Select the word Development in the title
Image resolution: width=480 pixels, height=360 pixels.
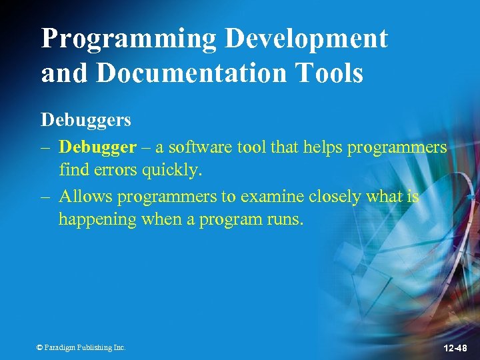[x=306, y=39]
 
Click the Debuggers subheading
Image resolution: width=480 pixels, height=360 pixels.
[x=86, y=120]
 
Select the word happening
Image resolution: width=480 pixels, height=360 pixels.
[x=93, y=219]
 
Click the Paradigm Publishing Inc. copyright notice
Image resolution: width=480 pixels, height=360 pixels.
[x=81, y=347]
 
